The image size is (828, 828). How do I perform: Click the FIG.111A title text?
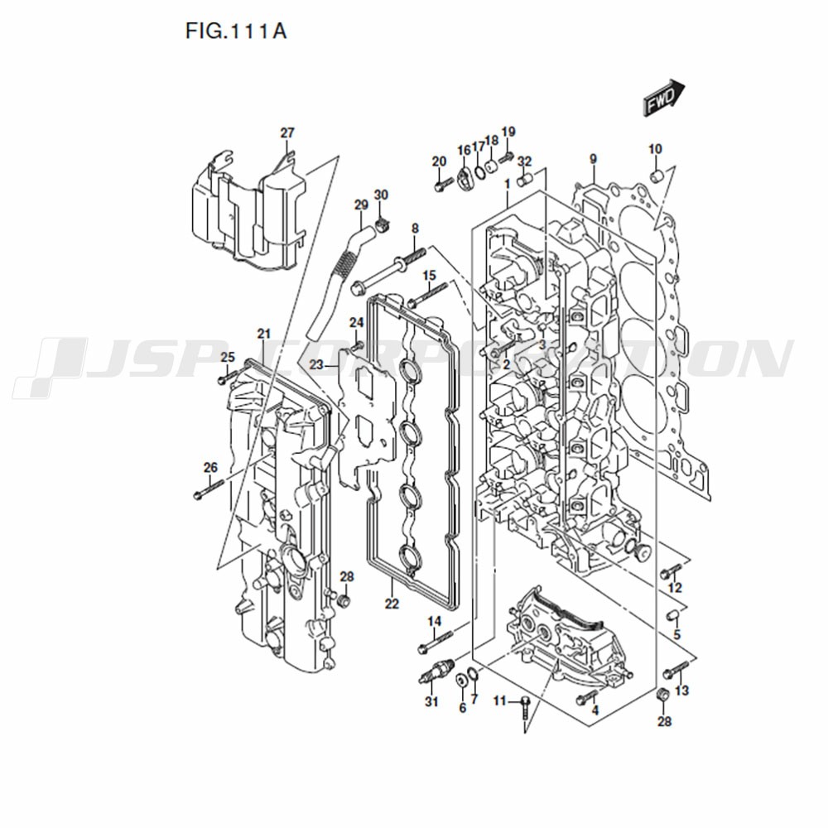pos(235,31)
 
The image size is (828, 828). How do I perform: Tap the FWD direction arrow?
pos(664,98)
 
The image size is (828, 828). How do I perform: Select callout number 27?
pos(287,132)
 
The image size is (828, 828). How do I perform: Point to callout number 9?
pos(593,159)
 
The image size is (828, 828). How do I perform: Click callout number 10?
pos(655,149)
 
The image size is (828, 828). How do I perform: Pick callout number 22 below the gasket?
pos(392,603)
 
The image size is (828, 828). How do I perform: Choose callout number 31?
pos(432,702)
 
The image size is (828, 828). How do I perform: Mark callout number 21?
pos(264,334)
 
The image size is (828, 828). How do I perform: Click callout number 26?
pos(210,467)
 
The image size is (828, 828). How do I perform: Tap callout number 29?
pos(361,205)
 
